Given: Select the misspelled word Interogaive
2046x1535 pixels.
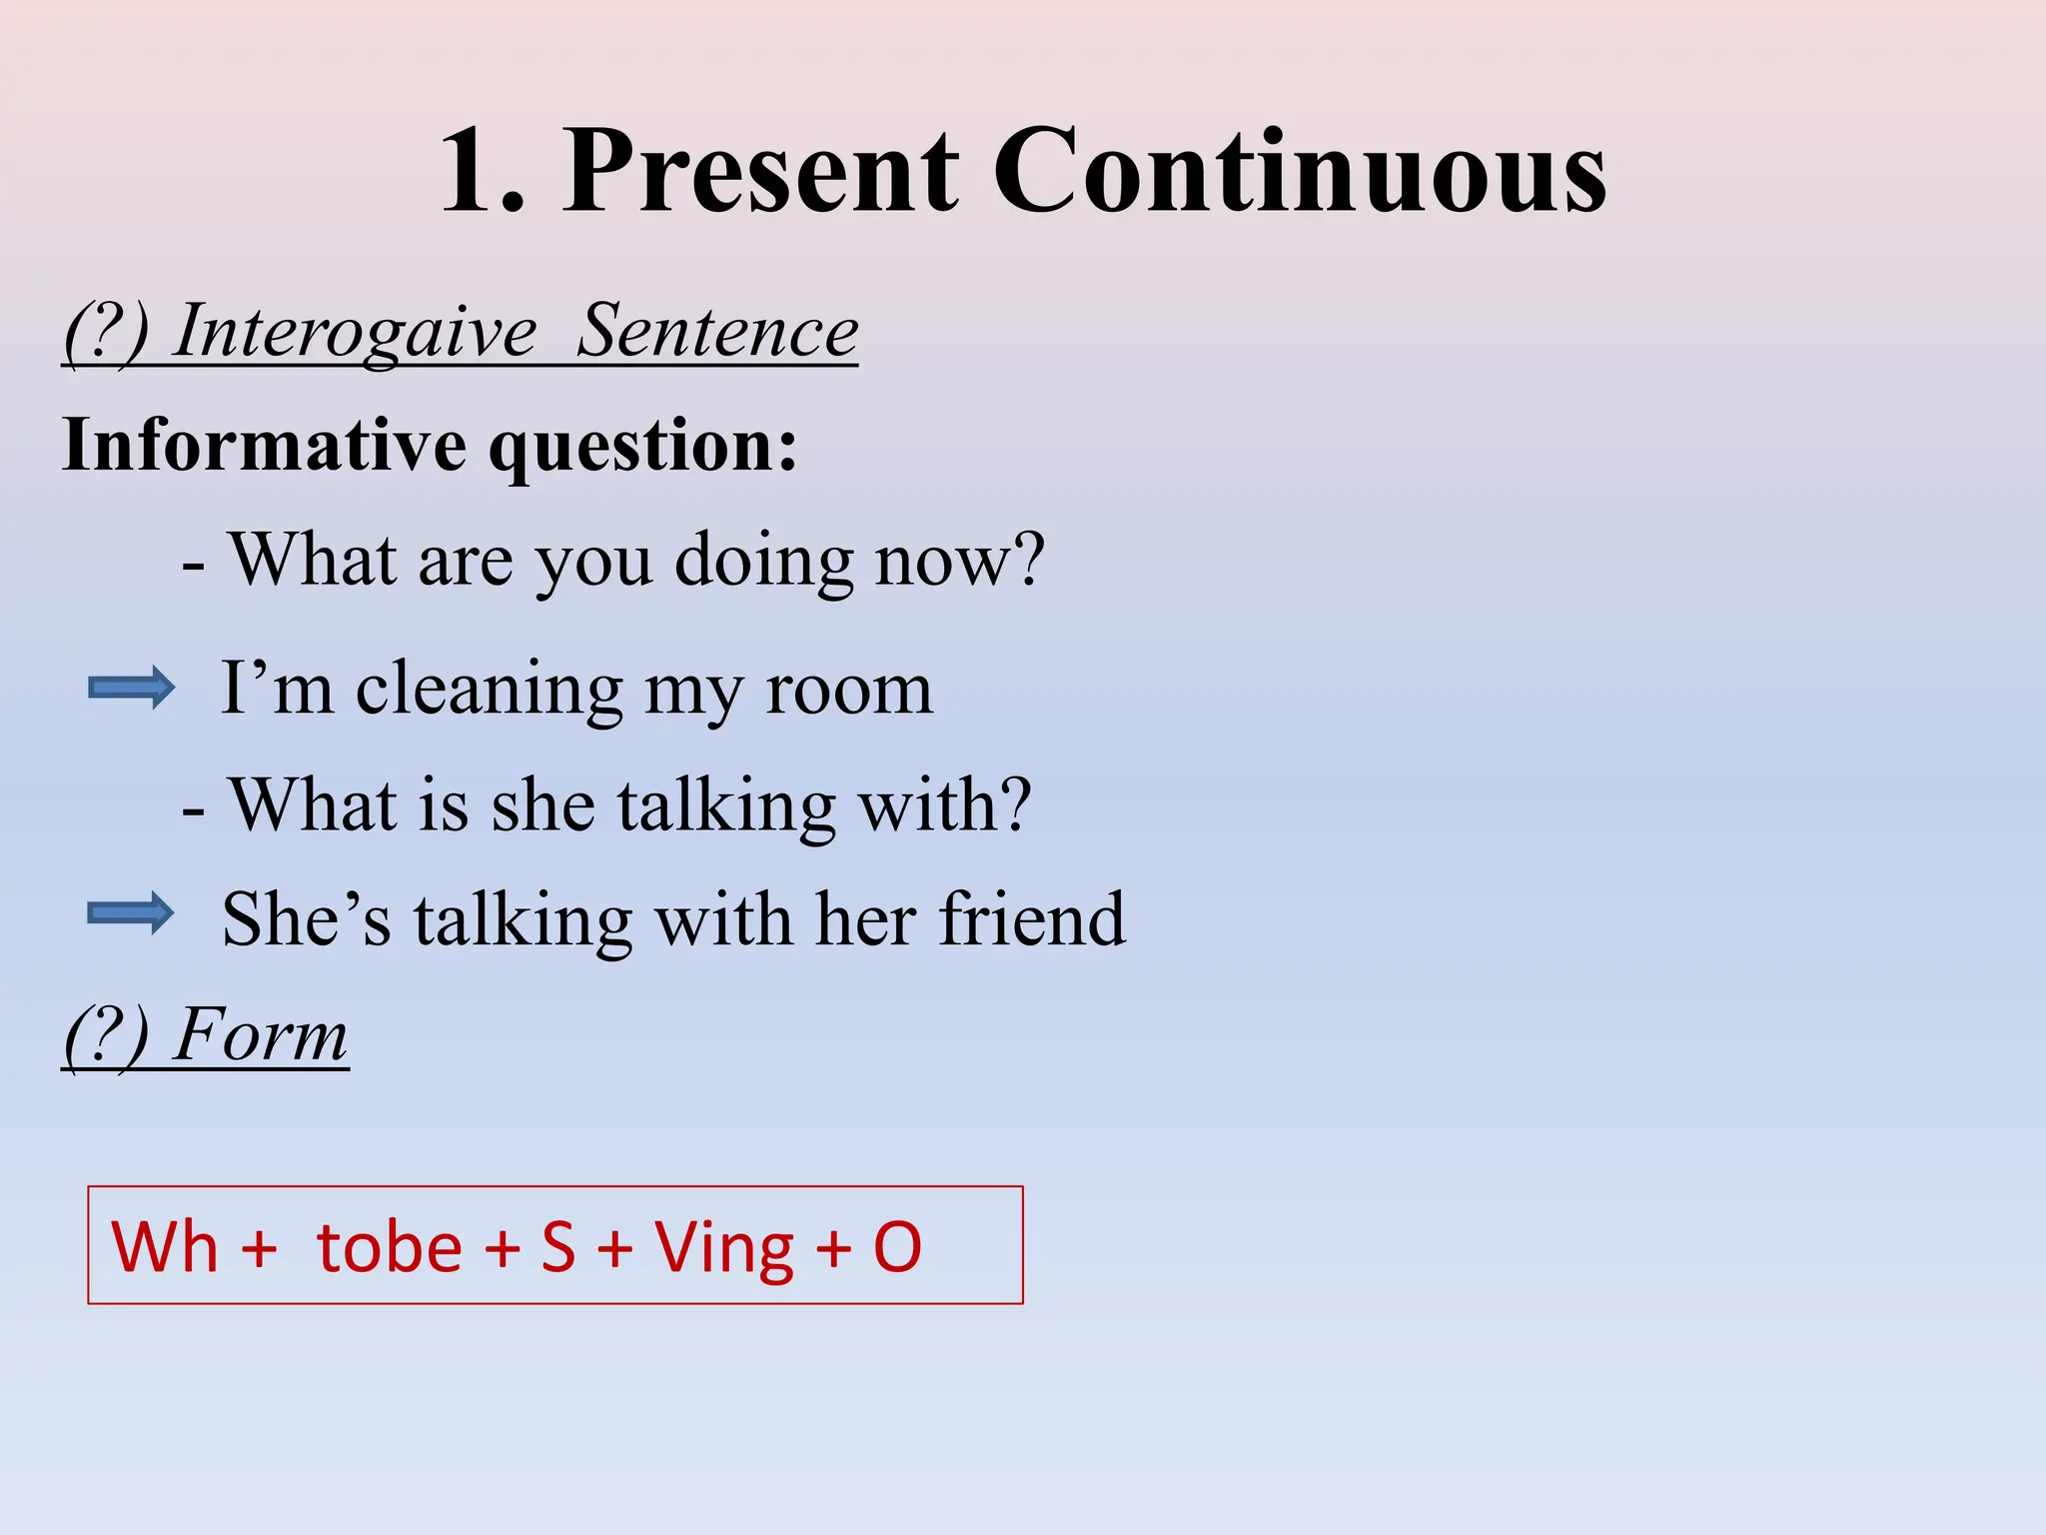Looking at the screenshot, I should tap(356, 332).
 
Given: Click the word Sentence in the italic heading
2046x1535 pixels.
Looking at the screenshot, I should tap(717, 332).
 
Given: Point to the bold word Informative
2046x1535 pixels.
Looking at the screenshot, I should tap(264, 444).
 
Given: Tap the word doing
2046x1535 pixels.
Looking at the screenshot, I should tap(764, 562).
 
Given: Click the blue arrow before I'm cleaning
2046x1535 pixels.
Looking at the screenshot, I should tap(131, 688).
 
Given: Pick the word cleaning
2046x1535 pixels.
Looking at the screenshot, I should tap(490, 690).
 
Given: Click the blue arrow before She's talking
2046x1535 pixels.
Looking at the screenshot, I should tap(131, 912).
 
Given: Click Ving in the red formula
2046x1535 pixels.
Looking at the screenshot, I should tap(724, 1249).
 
